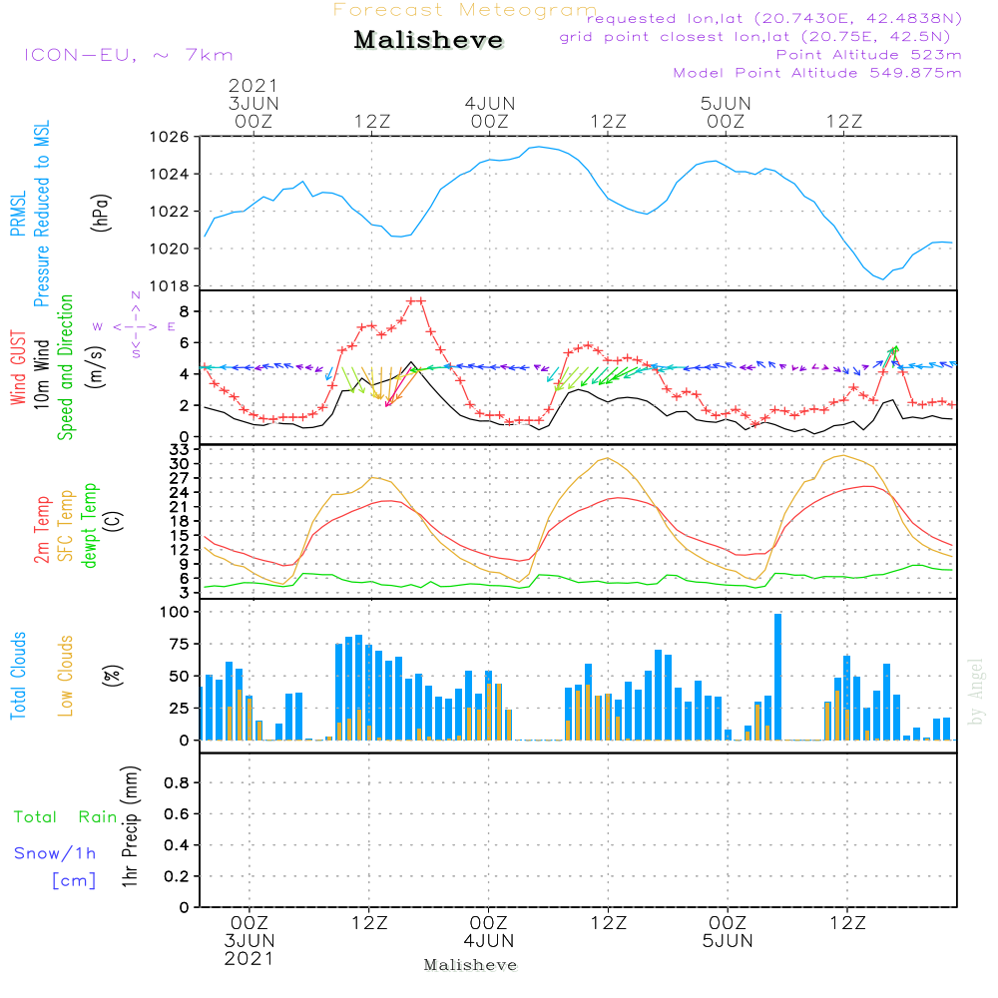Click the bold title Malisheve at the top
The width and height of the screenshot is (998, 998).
428,41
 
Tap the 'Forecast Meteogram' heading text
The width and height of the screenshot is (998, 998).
465,10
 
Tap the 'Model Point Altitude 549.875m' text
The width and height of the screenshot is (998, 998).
817,73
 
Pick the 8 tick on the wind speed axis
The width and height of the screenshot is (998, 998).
184,311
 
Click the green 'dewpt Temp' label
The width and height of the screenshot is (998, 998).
91,526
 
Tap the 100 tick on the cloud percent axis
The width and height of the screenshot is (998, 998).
175,612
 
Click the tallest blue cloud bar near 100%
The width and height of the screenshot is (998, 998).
778,677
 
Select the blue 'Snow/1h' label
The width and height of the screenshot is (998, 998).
56,853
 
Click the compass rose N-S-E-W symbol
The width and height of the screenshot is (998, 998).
136,326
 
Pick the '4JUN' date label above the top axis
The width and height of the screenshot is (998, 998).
489,103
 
